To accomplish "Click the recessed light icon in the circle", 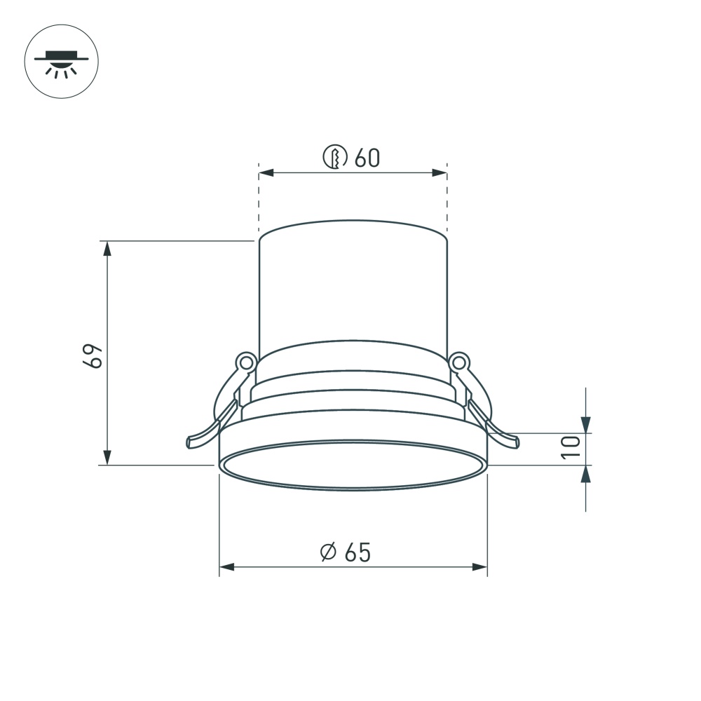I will (61, 62).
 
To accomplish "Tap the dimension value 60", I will (367, 158).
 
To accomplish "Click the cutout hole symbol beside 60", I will (335, 157).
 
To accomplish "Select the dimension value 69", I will (93, 355).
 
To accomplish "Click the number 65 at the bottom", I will (357, 552).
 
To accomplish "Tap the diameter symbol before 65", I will (327, 552).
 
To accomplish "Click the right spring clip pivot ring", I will (459, 362).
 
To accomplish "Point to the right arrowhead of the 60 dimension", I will (440, 172).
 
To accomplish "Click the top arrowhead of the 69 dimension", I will (107, 249).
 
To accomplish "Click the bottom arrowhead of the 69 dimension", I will (107, 457).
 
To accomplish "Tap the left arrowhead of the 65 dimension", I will (227, 566).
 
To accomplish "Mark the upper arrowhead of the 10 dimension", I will (586, 425).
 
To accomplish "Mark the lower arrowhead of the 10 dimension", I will (586, 474).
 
